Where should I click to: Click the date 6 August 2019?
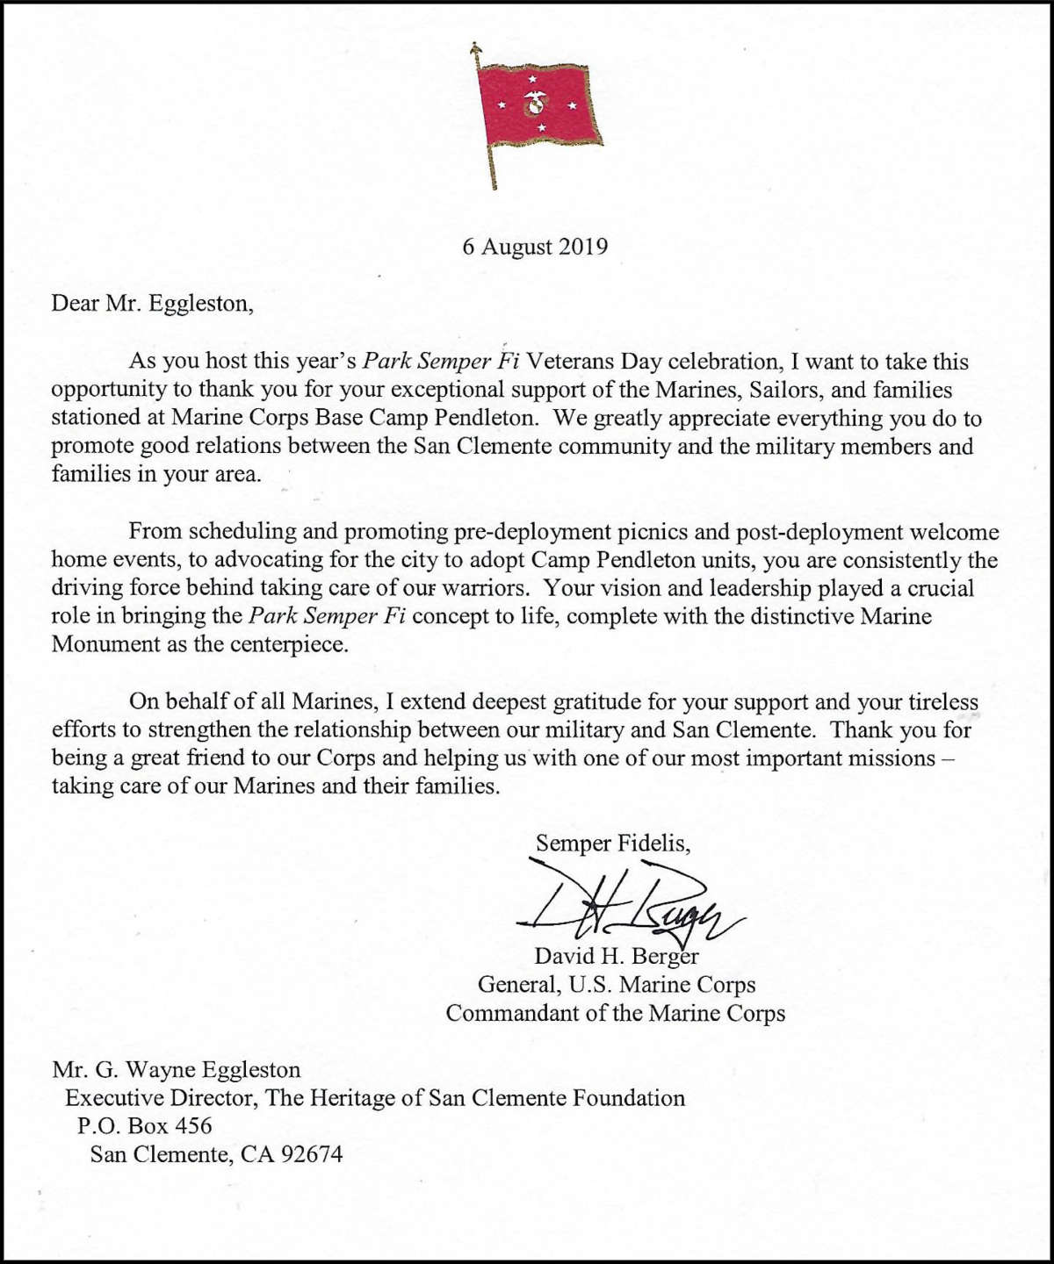tap(535, 247)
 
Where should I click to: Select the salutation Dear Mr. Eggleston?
tap(152, 304)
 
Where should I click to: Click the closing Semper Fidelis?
tap(612, 844)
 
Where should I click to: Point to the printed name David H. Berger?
tap(616, 956)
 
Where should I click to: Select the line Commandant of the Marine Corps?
tap(615, 1013)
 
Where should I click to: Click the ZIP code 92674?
tap(312, 1154)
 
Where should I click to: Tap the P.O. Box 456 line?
tap(145, 1126)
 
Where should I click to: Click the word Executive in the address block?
tap(114, 1098)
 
